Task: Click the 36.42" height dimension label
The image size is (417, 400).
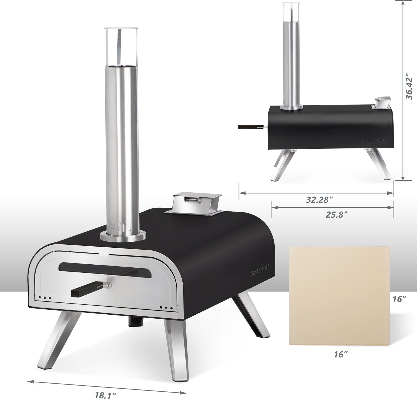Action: tap(410, 86)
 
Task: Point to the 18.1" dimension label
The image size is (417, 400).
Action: tap(103, 395)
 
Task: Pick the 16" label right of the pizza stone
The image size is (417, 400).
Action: tap(400, 299)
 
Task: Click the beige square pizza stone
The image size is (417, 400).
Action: tap(339, 295)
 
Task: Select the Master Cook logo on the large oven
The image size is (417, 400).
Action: tap(260, 270)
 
